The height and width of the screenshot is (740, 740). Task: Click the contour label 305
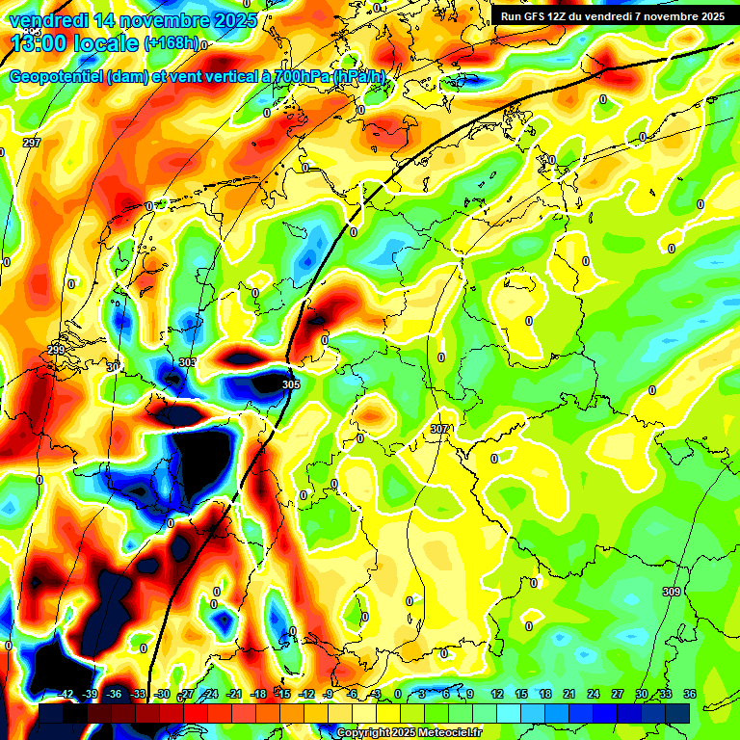(x=291, y=384)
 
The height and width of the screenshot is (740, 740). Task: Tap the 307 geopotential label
(x=440, y=428)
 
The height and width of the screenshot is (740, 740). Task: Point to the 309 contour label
(x=672, y=592)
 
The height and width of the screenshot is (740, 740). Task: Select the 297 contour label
(x=32, y=143)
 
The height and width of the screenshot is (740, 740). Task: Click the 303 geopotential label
(x=187, y=362)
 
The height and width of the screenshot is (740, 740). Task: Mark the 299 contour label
(x=56, y=350)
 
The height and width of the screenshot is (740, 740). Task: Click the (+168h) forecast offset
(x=172, y=43)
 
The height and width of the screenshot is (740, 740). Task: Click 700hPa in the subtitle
(x=302, y=76)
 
